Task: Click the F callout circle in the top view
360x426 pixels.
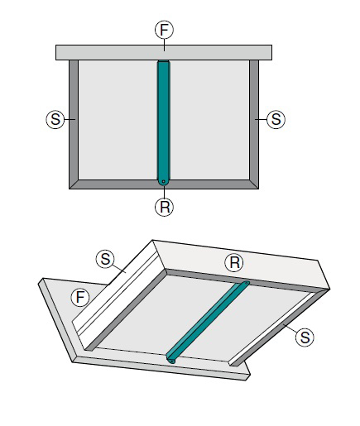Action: [x=164, y=30]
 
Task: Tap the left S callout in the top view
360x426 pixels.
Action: [x=55, y=119]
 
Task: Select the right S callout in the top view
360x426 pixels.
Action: [x=276, y=119]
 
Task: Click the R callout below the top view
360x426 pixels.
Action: [x=164, y=207]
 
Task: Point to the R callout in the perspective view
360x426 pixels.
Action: [x=234, y=262]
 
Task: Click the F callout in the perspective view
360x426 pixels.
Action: [x=80, y=297]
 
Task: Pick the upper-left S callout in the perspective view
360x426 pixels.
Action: [x=105, y=259]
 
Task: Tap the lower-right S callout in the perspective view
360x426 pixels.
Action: [x=305, y=337]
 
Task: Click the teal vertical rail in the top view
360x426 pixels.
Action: [x=164, y=122]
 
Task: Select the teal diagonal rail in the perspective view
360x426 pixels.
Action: [x=208, y=322]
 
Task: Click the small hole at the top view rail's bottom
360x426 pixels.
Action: [x=164, y=181]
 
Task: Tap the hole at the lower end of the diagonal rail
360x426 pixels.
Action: [x=172, y=361]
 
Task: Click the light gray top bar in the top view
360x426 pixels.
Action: [x=164, y=52]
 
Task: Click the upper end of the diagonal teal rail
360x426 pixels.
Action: [x=246, y=283]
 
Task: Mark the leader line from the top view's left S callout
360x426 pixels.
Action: [x=70, y=119]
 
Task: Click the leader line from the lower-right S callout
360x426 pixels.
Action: [x=290, y=329]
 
